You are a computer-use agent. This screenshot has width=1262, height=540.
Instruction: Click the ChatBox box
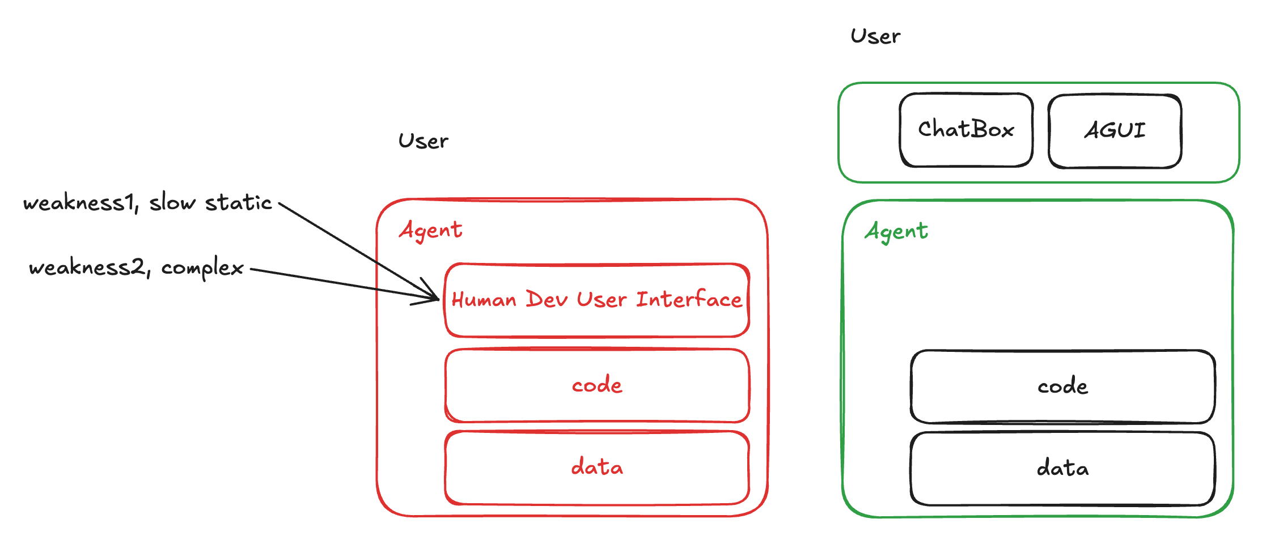tap(966, 130)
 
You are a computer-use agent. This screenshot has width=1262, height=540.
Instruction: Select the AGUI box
tap(1115, 131)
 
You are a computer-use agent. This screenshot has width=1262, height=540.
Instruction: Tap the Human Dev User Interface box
tap(597, 300)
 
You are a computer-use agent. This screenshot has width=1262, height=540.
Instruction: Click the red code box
tap(597, 385)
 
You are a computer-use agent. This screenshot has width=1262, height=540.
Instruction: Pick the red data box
tap(597, 467)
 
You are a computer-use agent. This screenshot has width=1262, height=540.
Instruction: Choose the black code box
tap(1062, 386)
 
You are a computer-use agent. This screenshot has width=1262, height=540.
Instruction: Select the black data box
tap(1062, 469)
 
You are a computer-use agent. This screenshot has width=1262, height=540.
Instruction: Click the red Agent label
tap(431, 231)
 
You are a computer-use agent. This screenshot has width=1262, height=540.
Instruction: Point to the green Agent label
tap(896, 232)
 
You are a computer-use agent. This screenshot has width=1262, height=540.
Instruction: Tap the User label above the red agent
tap(423, 141)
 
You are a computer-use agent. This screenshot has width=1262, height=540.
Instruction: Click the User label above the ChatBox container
tap(875, 36)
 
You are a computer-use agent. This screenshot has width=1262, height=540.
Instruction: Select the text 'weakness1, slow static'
tap(147, 202)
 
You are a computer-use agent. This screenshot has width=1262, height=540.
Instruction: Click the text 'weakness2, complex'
tap(136, 267)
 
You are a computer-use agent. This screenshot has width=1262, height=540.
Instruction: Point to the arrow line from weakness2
tap(344, 284)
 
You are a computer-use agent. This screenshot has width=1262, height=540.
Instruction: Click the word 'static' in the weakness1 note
tap(238, 202)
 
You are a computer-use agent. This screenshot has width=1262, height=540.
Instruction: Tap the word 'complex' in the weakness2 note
tap(202, 268)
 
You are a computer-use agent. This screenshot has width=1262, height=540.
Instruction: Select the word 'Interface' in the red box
tap(689, 299)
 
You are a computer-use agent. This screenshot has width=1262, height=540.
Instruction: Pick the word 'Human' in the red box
tap(484, 299)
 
